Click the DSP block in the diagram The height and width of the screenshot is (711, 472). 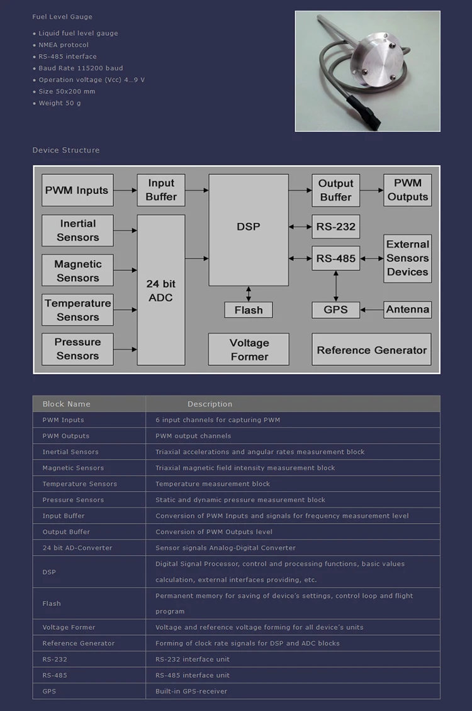pos(249,230)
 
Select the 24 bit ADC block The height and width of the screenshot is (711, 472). pos(161,290)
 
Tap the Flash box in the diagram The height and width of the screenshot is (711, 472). pos(249,310)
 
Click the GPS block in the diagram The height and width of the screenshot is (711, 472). pos(335,309)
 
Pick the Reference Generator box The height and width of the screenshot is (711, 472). pos(371,350)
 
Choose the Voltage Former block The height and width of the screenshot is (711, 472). pos(249,350)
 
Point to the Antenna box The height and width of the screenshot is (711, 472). pos(408,309)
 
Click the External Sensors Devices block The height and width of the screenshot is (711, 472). pos(408,258)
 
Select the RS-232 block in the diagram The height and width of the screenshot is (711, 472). pos(335,226)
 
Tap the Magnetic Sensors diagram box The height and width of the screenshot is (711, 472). pos(77,271)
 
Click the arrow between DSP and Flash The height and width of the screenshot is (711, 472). pos(249,294)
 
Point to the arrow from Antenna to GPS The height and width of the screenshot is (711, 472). pos(371,309)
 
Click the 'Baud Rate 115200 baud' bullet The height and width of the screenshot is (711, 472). pos(81,68)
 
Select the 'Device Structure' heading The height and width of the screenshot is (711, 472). pos(66,150)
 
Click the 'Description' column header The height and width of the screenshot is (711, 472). pos(210,404)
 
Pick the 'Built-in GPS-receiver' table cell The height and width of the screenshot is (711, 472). pos(191,692)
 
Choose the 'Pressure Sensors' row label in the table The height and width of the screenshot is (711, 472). pos(73,500)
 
